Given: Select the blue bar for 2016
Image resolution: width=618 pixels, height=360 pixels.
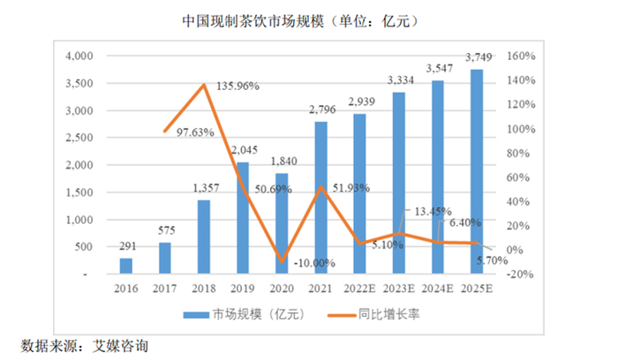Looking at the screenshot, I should coord(126,266).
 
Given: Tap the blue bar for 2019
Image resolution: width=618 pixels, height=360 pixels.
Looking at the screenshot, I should coord(242,218).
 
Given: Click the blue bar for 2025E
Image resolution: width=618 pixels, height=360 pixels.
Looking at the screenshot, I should coord(477,171).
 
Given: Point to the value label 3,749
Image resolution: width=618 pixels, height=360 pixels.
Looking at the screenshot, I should coord(478,58).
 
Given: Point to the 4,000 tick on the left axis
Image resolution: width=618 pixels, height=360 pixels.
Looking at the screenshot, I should coord(79,56).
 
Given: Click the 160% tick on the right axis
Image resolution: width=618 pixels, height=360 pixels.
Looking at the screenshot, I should coord(516,56).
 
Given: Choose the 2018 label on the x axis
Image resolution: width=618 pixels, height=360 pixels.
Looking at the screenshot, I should coord(203,289).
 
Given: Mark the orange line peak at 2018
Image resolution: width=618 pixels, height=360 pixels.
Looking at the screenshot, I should coord(204,85).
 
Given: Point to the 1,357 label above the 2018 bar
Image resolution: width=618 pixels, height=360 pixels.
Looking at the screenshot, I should coord(203,189).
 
